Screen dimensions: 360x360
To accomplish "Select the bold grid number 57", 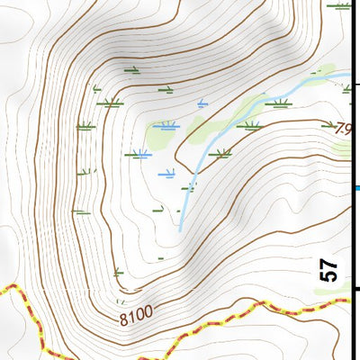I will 329,270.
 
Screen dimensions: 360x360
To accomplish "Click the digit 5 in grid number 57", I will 329,276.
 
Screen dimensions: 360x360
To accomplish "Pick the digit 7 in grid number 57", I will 329,263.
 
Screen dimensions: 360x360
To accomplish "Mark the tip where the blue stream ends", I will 180,231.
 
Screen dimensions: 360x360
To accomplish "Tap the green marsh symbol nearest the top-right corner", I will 339,6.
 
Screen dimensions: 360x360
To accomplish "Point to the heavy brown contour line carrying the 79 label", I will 297,121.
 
